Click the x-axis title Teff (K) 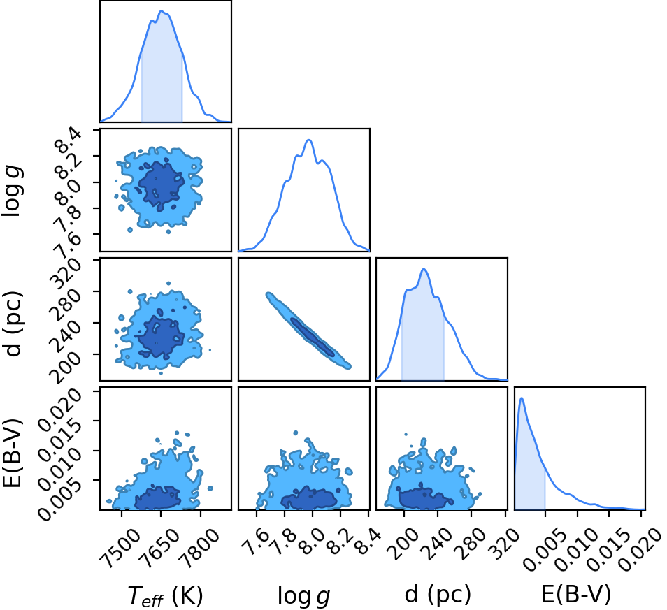tap(166, 595)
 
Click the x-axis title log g tap(303, 595)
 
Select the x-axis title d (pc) tap(438, 594)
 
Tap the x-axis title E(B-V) tap(576, 594)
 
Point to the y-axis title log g tap(13, 191)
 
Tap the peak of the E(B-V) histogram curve tap(522, 398)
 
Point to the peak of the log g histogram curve tap(309, 140)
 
